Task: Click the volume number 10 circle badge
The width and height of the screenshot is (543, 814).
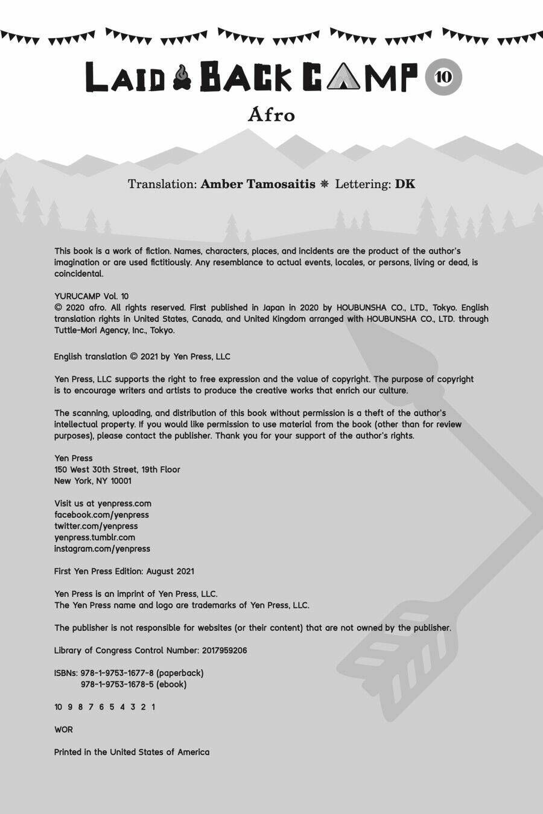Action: coord(443,77)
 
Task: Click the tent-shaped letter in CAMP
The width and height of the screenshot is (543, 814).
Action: coord(343,78)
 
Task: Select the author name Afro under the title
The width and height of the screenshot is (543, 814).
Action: coord(271,115)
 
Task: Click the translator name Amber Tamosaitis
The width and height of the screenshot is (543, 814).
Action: coord(258,184)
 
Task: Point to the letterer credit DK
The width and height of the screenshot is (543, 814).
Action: coord(405,184)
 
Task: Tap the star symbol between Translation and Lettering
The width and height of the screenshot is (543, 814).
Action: coord(325,184)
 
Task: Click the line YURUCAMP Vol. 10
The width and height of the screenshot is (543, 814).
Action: coord(91,296)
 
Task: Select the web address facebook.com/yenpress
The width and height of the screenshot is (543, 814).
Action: coord(101,515)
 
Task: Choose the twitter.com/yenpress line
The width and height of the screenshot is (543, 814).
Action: coord(96,526)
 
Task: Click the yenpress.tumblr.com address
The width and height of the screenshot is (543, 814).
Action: coord(95,537)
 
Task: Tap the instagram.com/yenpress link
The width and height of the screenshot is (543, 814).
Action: coord(102,549)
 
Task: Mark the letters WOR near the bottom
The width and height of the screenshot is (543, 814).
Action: coord(63,730)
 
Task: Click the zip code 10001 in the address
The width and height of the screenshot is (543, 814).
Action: coord(121,481)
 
